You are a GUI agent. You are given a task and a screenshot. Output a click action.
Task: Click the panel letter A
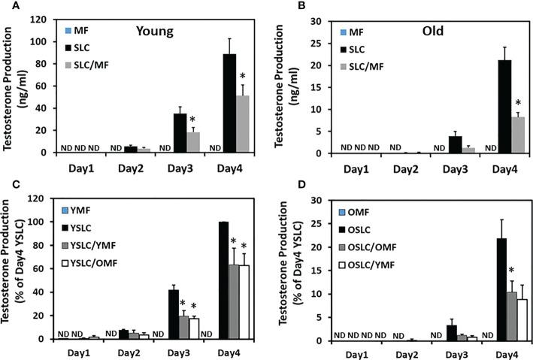click(7, 7)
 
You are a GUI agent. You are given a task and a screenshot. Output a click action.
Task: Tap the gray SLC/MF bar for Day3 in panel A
click(193, 142)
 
